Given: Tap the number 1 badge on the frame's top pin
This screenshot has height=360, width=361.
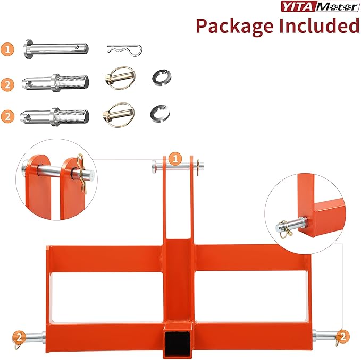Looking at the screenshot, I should pyautogui.click(x=175, y=158).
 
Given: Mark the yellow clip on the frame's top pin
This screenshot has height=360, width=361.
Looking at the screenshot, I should pyautogui.click(x=199, y=167).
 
